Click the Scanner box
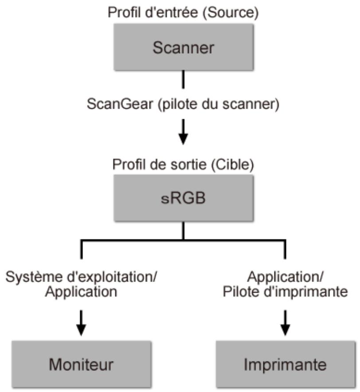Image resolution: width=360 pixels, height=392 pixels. tap(183, 47)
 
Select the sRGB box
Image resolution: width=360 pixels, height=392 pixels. tap(183, 197)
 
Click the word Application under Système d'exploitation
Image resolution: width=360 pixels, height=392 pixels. tap(81, 292)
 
